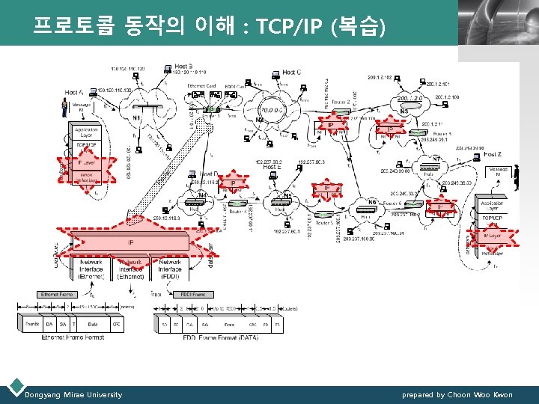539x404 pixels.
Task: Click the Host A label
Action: click(x=74, y=92)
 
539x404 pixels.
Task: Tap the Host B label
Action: click(x=185, y=67)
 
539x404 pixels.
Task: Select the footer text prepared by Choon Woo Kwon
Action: click(x=457, y=394)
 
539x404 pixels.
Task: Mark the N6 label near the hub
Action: click(x=372, y=202)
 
